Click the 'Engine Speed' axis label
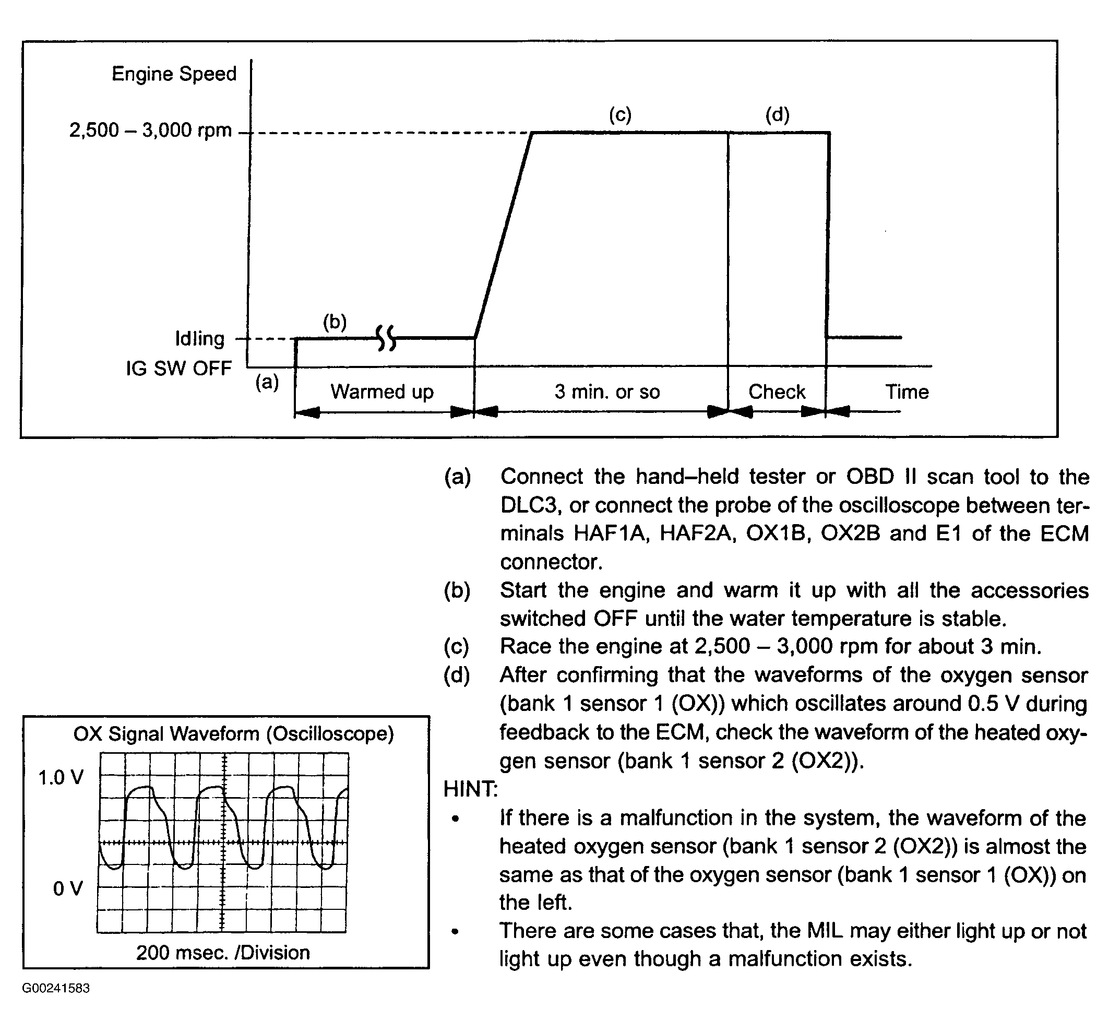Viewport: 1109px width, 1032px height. (x=174, y=74)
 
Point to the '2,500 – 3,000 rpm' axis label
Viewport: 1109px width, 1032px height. (x=150, y=131)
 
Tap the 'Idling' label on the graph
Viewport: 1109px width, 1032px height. (x=200, y=339)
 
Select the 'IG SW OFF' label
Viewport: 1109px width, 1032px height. (x=178, y=368)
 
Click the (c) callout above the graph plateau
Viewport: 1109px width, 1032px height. (x=620, y=115)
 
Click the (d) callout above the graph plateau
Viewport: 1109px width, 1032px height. (x=777, y=115)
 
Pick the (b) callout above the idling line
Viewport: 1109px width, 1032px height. (x=335, y=322)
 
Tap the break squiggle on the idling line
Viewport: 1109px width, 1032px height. (x=386, y=338)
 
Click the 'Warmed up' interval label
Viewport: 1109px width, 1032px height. (x=382, y=392)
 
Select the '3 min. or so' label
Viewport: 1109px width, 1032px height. (x=607, y=392)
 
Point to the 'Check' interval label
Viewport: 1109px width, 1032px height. (x=777, y=392)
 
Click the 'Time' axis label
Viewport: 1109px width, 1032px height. (x=907, y=392)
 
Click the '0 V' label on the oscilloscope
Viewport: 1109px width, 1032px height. (x=68, y=888)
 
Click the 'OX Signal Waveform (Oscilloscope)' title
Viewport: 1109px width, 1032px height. (x=234, y=734)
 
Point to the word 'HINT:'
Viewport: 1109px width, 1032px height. (x=470, y=789)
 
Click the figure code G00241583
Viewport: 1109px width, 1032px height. (x=56, y=988)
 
